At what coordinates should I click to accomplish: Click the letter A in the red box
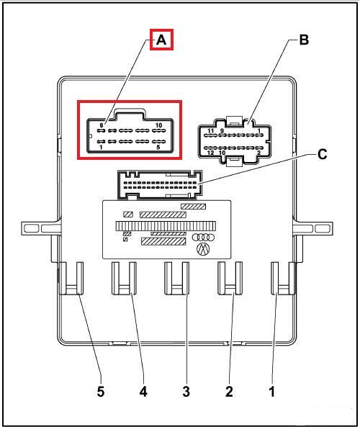(x=161, y=40)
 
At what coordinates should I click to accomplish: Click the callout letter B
(x=304, y=40)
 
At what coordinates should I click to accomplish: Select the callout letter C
(x=322, y=154)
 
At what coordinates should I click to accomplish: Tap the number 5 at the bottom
(x=101, y=392)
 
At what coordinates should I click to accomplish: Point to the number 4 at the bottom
(x=143, y=392)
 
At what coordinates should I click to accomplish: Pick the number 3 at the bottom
(x=186, y=392)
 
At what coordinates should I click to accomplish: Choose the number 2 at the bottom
(x=229, y=392)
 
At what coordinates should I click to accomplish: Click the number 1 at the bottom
(x=271, y=392)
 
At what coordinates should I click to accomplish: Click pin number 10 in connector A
(x=158, y=125)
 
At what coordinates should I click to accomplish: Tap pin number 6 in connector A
(x=102, y=125)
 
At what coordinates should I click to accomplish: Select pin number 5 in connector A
(x=158, y=148)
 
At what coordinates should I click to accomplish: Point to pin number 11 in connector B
(x=210, y=131)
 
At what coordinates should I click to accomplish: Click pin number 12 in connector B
(x=210, y=153)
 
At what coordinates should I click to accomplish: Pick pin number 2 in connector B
(x=258, y=153)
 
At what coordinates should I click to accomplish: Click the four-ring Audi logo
(x=204, y=238)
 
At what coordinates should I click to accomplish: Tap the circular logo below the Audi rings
(x=203, y=249)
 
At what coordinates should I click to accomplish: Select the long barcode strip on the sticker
(x=166, y=226)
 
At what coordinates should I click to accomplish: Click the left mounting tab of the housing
(x=41, y=228)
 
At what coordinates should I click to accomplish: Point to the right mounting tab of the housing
(x=313, y=228)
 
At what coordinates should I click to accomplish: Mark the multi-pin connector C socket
(x=160, y=185)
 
